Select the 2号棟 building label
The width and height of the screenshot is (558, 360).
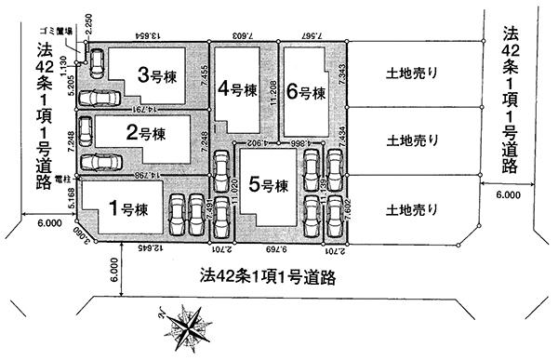[146, 134]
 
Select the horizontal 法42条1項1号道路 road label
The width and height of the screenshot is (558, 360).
[267, 276]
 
